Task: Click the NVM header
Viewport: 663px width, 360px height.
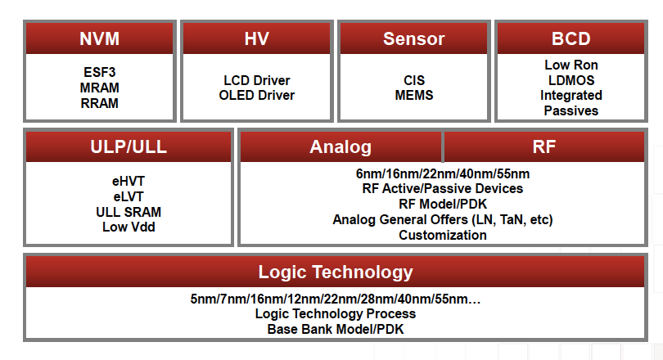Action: [x=99, y=39]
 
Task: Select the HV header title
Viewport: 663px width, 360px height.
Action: [x=257, y=39]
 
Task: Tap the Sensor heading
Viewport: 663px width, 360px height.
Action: [x=414, y=39]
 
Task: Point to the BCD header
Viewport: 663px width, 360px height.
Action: [x=571, y=39]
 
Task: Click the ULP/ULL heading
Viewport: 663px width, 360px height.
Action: [x=129, y=147]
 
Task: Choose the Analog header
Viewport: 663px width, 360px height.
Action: [x=341, y=147]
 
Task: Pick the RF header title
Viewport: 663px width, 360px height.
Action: [x=543, y=147]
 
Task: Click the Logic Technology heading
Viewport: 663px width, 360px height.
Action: [x=336, y=272]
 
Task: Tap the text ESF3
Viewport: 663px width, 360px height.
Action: [x=99, y=72]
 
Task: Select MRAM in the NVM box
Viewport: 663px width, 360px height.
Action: [x=99, y=88]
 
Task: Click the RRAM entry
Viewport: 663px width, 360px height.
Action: [x=99, y=104]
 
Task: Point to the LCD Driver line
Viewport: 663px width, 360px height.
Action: [x=257, y=80]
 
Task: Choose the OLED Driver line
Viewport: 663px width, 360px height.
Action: [x=257, y=96]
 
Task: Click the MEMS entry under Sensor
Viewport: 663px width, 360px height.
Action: [x=414, y=96]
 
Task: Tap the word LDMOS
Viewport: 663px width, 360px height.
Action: [x=571, y=80]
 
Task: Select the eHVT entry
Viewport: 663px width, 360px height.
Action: [x=129, y=182]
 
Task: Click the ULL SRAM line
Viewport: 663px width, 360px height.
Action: [x=129, y=212]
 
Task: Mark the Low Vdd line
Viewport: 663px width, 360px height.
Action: [x=129, y=227]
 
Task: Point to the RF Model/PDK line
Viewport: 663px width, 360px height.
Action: [x=443, y=205]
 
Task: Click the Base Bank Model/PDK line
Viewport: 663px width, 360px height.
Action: [x=336, y=330]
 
